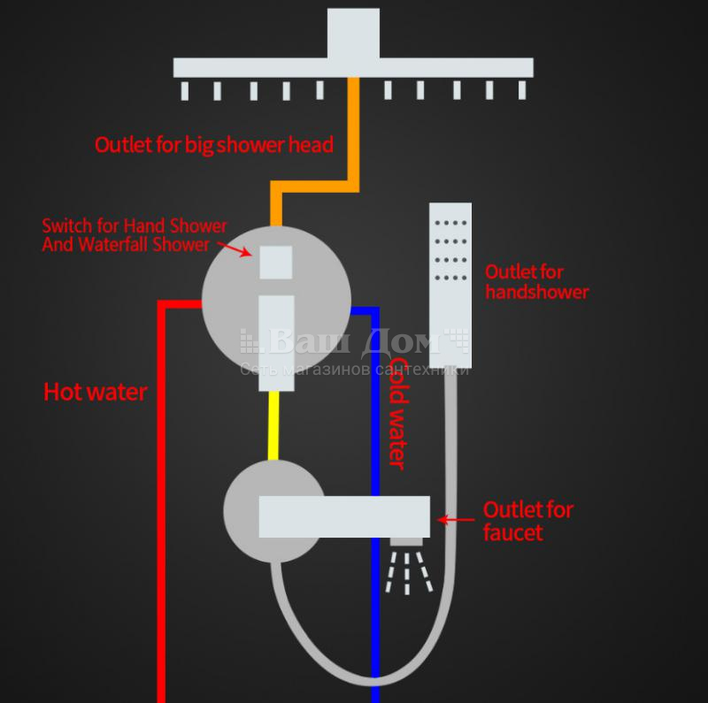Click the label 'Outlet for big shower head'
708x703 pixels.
[214, 145]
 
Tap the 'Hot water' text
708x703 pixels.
[96, 392]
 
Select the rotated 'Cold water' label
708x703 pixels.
[398, 414]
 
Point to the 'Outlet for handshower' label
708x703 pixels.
[537, 282]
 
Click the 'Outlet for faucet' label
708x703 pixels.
[528, 521]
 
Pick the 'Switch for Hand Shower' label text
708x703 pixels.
[135, 225]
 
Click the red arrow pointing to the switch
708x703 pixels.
[235, 249]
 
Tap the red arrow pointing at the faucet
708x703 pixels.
[456, 520]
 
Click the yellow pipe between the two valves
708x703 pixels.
[273, 425]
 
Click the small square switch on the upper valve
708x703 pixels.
[276, 262]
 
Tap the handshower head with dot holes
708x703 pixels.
[450, 285]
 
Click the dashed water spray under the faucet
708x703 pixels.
[408, 572]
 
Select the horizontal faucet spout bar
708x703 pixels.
[344, 517]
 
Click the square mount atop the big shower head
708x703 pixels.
[353, 34]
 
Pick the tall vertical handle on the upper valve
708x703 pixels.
[276, 343]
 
